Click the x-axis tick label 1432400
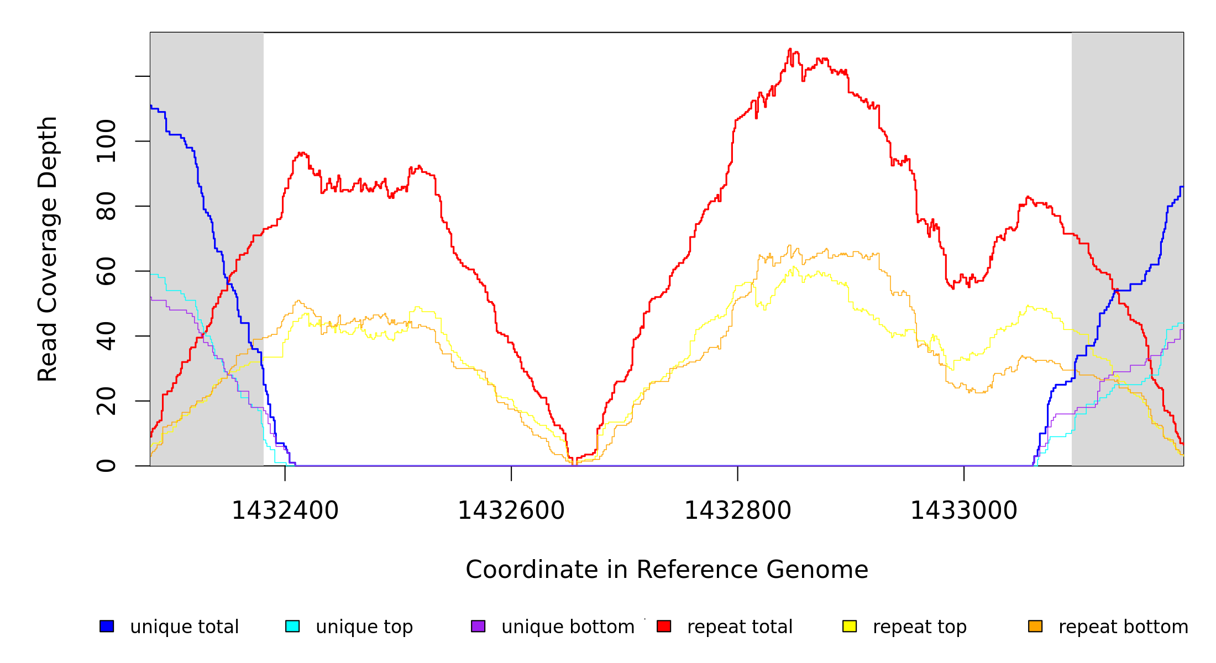point(285,511)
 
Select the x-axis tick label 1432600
point(511,511)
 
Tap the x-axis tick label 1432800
point(737,511)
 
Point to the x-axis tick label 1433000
point(963,511)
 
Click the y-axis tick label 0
point(106,466)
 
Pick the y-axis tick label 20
point(106,401)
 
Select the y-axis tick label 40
point(106,336)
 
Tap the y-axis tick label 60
point(106,271)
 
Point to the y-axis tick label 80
point(106,206)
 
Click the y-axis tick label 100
point(106,141)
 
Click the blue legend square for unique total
point(107,626)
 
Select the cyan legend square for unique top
point(292,626)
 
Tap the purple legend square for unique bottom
point(478,626)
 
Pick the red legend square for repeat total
point(664,626)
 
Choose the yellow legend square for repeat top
point(850,626)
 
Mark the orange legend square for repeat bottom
point(1035,626)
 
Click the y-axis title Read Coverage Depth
point(48,249)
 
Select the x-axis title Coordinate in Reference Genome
point(667,570)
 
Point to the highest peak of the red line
point(790,49)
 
